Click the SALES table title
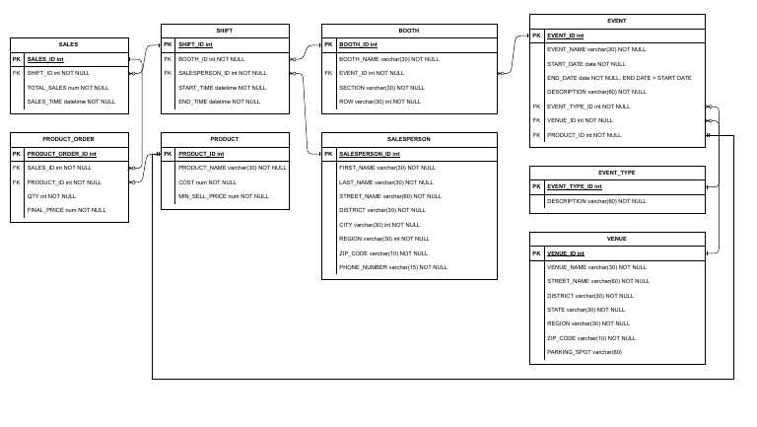69,44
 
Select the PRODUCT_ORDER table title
69,139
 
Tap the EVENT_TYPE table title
617,172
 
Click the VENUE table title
617,239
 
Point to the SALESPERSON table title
409,139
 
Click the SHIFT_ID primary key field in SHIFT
195,44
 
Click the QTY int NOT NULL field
51,196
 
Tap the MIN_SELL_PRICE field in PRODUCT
223,196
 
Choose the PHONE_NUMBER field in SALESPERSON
392,267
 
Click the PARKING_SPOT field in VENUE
584,352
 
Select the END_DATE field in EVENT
619,77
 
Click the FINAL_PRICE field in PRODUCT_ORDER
66,210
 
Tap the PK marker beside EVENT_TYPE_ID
537,186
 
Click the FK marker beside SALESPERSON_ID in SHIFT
169,73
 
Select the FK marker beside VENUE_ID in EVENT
537,120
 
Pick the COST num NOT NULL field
207,182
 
